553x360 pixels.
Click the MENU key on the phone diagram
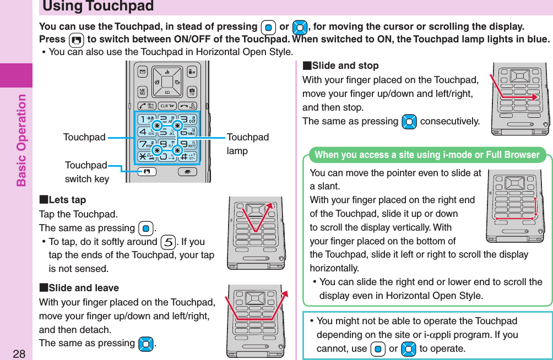click(142, 92)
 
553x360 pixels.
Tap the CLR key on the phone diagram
click(167, 106)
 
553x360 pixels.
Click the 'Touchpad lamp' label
click(247, 144)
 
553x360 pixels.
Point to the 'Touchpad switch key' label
click(86, 172)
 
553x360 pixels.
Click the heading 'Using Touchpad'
click(98, 7)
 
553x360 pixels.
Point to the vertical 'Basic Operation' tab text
click(21, 140)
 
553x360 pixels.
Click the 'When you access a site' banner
click(427, 155)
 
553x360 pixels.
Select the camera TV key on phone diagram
click(191, 92)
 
